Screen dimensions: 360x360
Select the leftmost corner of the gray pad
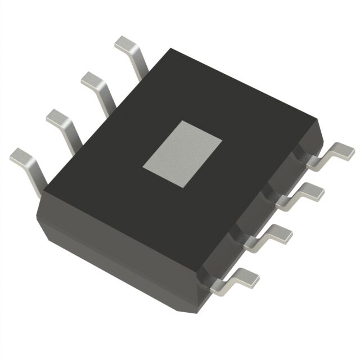pyautogui.click(x=142, y=166)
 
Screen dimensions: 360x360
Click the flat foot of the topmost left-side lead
pyautogui.click(x=125, y=43)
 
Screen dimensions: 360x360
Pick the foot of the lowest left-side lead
pyautogui.click(x=21, y=155)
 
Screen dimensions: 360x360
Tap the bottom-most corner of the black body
pyautogui.click(x=198, y=306)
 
